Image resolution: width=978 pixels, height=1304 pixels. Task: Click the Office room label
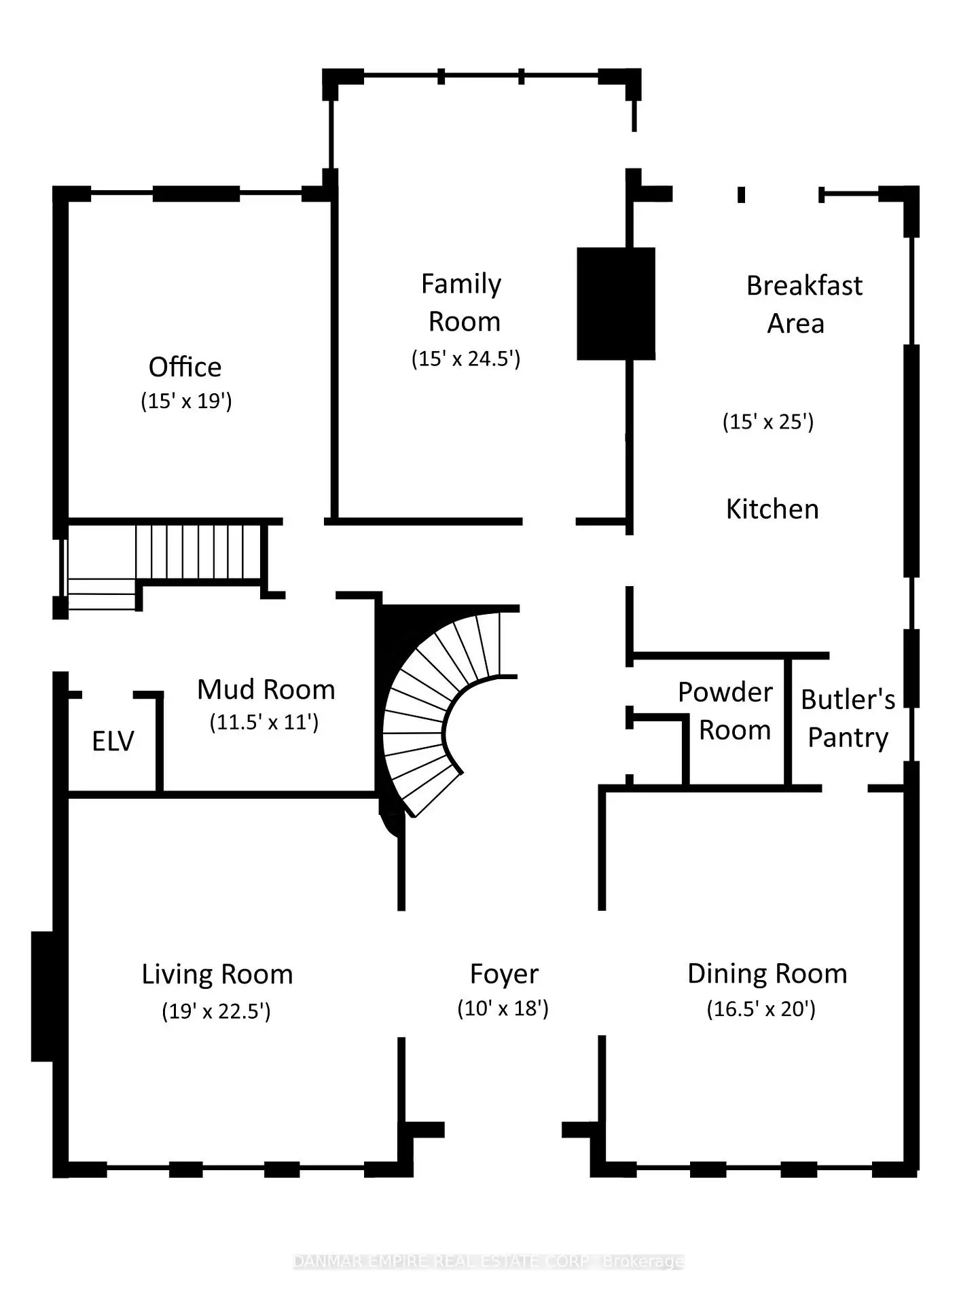[x=185, y=367]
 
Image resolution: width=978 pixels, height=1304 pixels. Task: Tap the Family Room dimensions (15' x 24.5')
[x=466, y=359]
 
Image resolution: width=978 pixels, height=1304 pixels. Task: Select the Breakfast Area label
[x=804, y=304]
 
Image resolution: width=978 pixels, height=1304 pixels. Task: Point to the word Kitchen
[x=772, y=509]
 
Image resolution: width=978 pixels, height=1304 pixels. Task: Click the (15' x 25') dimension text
[x=768, y=422]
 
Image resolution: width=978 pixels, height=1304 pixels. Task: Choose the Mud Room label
[x=266, y=689]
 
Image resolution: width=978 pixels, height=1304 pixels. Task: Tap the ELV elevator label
[x=113, y=741]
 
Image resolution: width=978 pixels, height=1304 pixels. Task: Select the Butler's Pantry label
[x=848, y=719]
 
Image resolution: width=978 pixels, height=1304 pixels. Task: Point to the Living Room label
[x=217, y=975]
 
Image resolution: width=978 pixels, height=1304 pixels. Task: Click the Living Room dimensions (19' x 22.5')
[x=216, y=1011]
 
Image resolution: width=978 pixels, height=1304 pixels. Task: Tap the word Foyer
[x=504, y=975]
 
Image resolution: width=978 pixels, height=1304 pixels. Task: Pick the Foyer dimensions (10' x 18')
[x=503, y=1009]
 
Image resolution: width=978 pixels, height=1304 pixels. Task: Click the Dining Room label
[x=767, y=974]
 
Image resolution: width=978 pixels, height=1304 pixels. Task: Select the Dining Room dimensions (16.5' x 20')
[x=761, y=1009]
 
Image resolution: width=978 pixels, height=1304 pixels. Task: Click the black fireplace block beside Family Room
[x=616, y=304]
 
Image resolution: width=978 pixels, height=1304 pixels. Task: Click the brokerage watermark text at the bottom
[x=488, y=1261]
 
